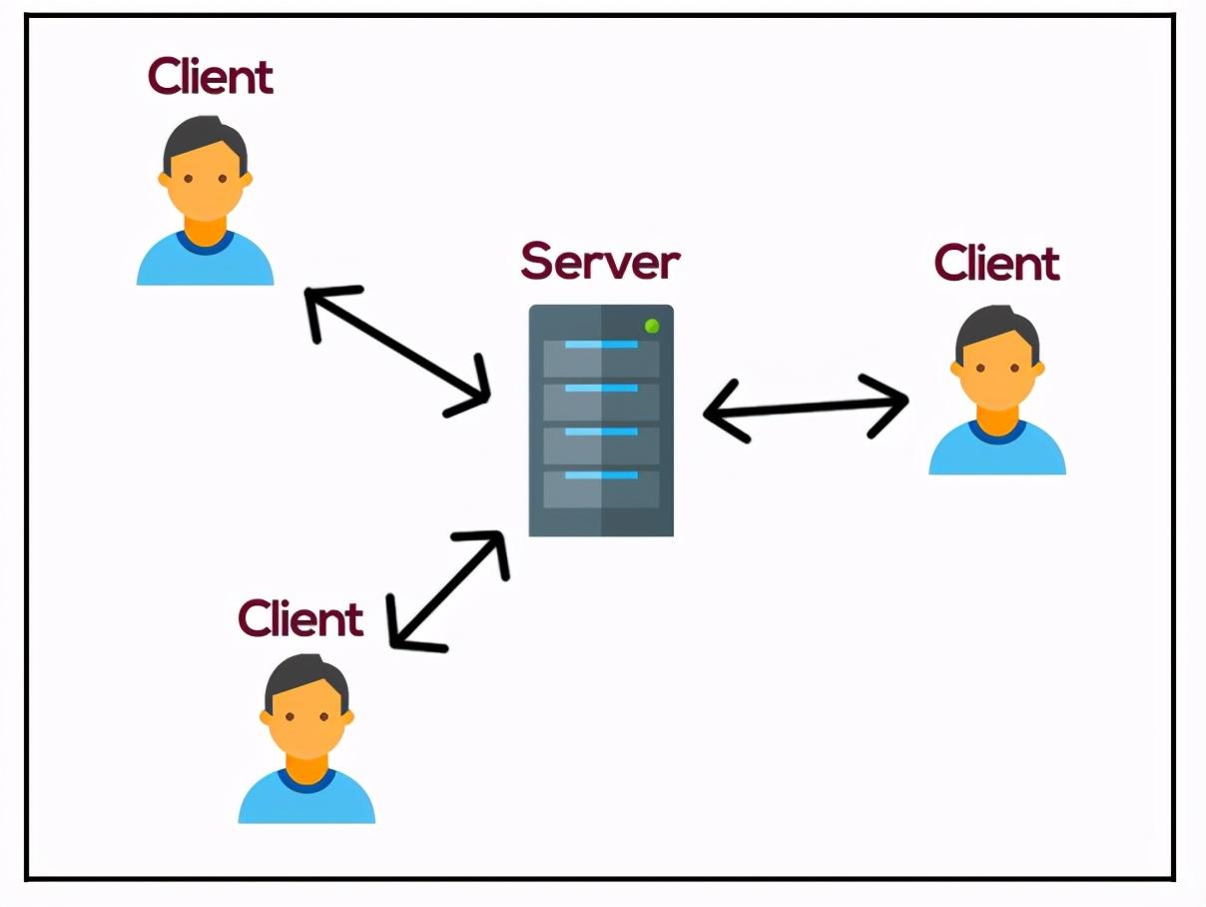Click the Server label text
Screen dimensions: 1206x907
coord(601,261)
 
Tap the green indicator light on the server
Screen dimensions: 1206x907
coord(652,326)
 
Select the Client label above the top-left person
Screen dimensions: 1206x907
coord(211,76)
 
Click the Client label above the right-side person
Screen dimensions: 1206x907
coord(996,263)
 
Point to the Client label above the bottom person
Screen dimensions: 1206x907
coord(301,618)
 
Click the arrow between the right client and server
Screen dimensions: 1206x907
coord(806,408)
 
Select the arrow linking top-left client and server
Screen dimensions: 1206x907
coord(396,352)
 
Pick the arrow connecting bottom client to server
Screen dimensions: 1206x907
coord(448,591)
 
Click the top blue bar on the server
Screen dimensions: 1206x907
coord(601,345)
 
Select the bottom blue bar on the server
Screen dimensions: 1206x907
coord(601,474)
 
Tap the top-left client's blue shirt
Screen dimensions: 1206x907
coord(205,261)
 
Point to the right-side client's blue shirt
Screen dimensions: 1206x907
coord(997,450)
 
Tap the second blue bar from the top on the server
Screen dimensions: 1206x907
coord(601,389)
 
